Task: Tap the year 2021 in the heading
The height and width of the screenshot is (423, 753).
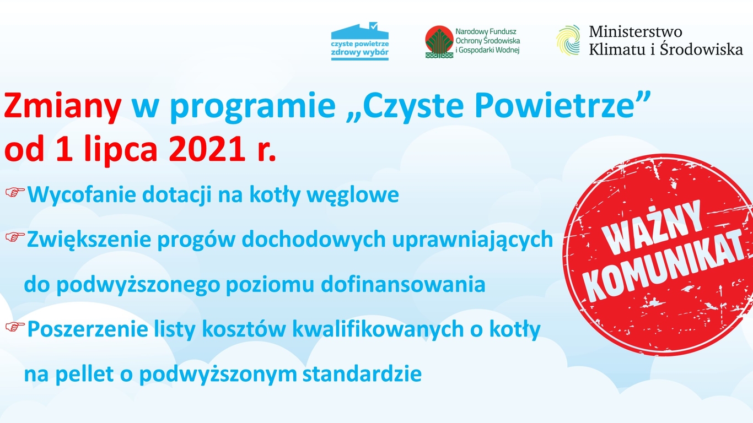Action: click(x=207, y=149)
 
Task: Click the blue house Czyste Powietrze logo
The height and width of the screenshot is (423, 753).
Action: click(x=360, y=41)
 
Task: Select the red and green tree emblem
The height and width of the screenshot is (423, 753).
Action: click(x=439, y=42)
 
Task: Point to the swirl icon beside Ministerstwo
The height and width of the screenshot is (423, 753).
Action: click(x=568, y=40)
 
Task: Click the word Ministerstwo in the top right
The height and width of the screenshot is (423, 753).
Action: click(x=636, y=32)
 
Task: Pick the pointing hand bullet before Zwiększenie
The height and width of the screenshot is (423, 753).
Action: click(x=15, y=237)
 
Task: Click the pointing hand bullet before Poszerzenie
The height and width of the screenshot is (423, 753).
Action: click(x=15, y=327)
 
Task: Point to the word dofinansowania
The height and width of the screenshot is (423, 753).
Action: click(x=403, y=284)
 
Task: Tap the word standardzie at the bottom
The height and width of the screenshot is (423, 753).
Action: click(x=362, y=374)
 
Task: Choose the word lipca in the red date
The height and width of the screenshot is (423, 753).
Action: click(x=120, y=150)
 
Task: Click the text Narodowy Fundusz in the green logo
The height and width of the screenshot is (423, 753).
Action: click(x=486, y=31)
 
